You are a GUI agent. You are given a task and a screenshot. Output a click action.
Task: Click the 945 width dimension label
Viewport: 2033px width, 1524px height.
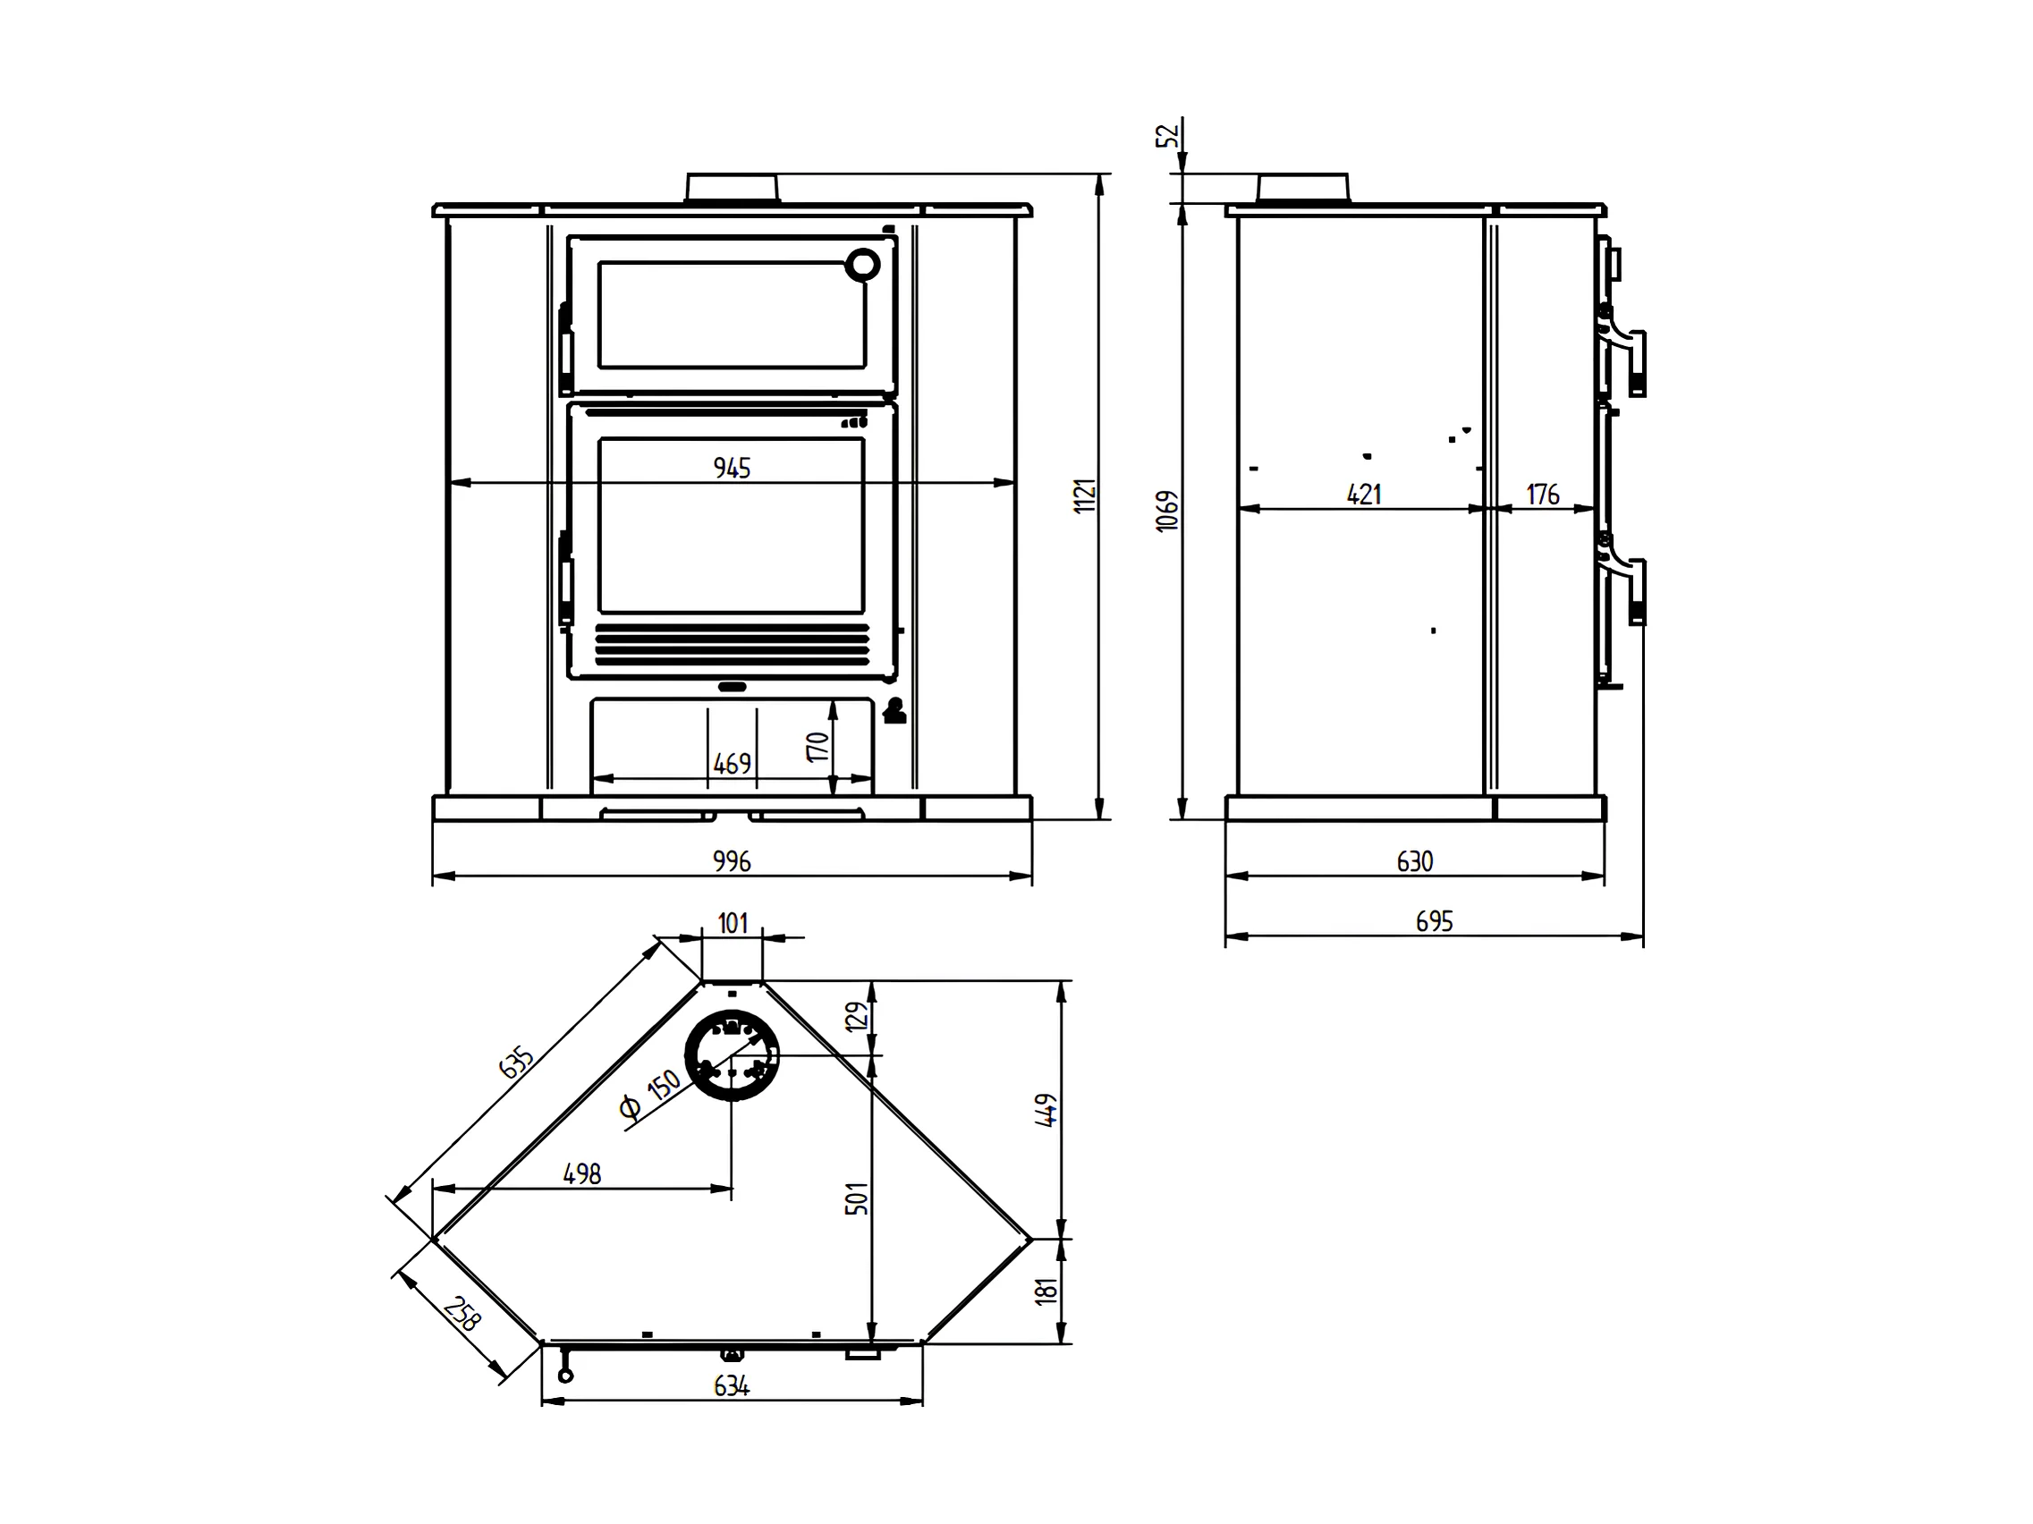click(x=732, y=468)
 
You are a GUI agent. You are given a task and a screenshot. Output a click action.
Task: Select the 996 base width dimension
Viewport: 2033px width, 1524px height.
click(x=732, y=861)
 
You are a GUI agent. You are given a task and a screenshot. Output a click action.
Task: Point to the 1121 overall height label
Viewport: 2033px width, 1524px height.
click(x=1086, y=495)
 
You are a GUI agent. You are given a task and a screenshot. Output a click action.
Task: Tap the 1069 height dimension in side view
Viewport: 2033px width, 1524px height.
click(x=1166, y=510)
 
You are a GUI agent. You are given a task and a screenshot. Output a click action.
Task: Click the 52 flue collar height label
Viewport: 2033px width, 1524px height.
click(x=1167, y=136)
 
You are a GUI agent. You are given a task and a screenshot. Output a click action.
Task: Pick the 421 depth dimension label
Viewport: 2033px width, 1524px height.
click(x=1364, y=495)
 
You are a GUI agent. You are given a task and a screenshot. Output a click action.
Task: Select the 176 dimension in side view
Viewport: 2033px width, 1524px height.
click(x=1543, y=495)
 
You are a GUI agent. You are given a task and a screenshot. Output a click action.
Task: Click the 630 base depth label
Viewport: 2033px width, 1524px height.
click(x=1414, y=861)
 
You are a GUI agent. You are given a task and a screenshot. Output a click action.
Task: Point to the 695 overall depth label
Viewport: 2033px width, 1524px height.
click(x=1434, y=921)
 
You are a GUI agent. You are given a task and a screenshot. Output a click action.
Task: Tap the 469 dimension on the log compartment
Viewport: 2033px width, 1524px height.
click(x=732, y=764)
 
